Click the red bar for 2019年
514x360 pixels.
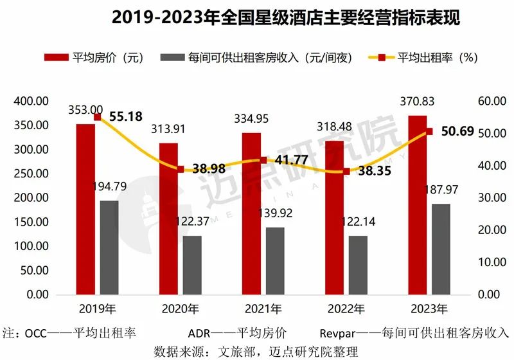click(85, 209)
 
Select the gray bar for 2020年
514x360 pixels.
click(192, 265)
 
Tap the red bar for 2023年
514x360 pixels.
click(417, 204)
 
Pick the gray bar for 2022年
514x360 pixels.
click(359, 265)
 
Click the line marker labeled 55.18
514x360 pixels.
click(98, 117)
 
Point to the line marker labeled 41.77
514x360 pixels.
click(263, 160)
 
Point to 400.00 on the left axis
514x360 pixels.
click(30, 102)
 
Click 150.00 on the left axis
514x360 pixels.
click(30, 222)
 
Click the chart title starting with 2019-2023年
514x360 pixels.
click(257, 17)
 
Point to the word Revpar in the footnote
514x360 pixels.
click(336, 334)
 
